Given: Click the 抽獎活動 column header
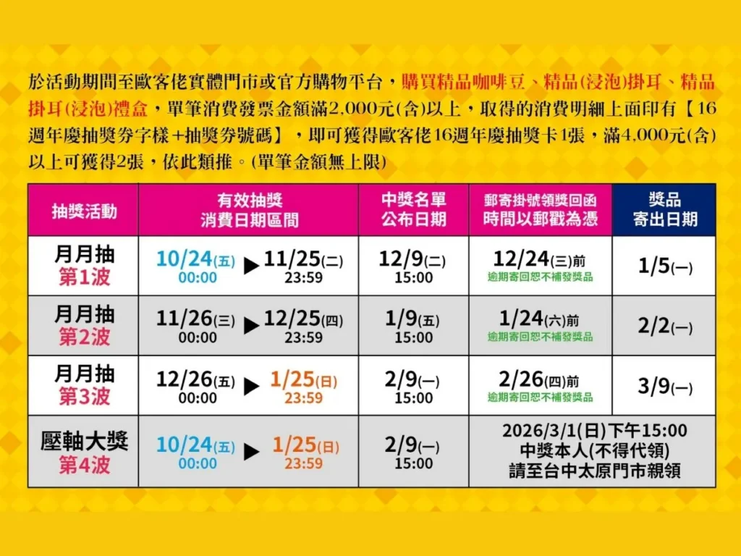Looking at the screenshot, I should (x=83, y=210).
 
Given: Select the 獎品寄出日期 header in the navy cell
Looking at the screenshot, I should (x=664, y=210).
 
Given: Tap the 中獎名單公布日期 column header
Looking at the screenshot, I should (x=414, y=210).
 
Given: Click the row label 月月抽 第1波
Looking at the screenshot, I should (x=84, y=266).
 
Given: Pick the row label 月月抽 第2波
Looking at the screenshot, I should (x=84, y=325).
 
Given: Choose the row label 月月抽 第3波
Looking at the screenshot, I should (x=84, y=385).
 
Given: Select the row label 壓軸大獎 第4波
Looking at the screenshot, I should (x=84, y=452).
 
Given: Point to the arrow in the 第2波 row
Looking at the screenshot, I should (x=251, y=327).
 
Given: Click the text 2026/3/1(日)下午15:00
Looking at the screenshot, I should (x=595, y=431).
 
